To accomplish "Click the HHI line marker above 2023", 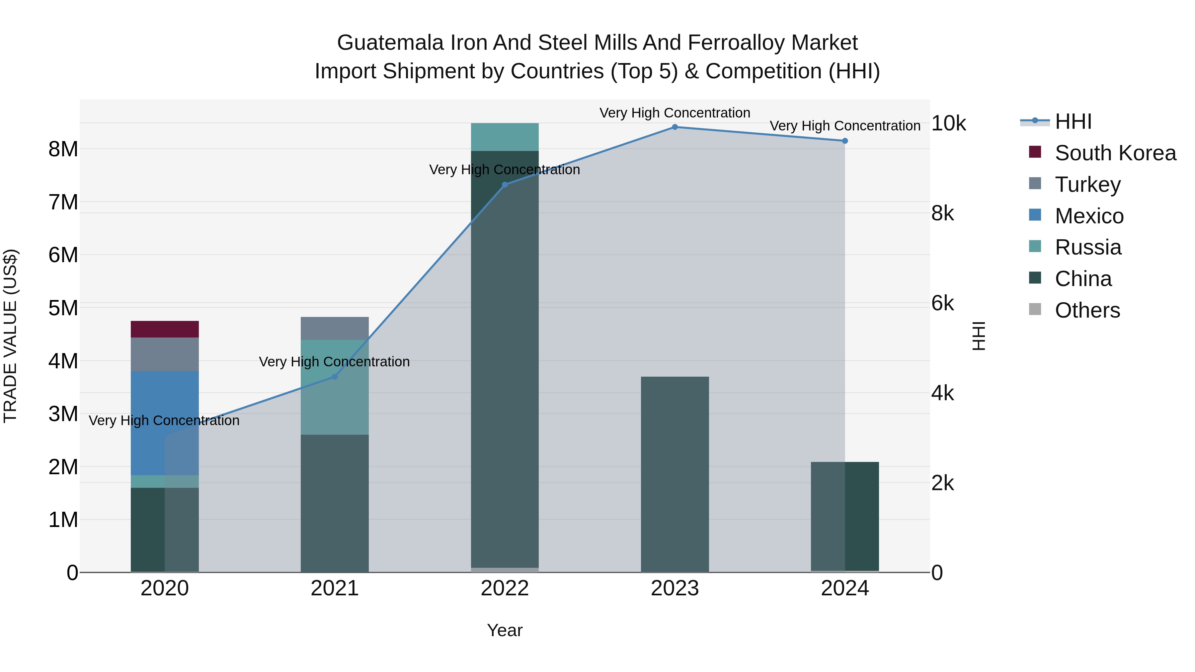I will point(675,127).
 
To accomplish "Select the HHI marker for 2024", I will point(845,141).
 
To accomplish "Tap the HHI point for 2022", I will point(505,185).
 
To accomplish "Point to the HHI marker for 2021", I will point(335,377).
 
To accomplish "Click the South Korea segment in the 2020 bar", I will point(165,329).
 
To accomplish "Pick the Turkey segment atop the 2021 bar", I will point(335,328).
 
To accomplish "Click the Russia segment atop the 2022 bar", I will point(505,137).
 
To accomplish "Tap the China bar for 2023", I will point(675,473).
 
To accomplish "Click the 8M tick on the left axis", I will point(63,149).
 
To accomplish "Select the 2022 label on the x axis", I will point(505,588).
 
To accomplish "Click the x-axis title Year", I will point(505,630).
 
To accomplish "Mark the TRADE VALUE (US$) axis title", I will point(10,336).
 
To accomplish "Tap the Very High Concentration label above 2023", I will point(675,113).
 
